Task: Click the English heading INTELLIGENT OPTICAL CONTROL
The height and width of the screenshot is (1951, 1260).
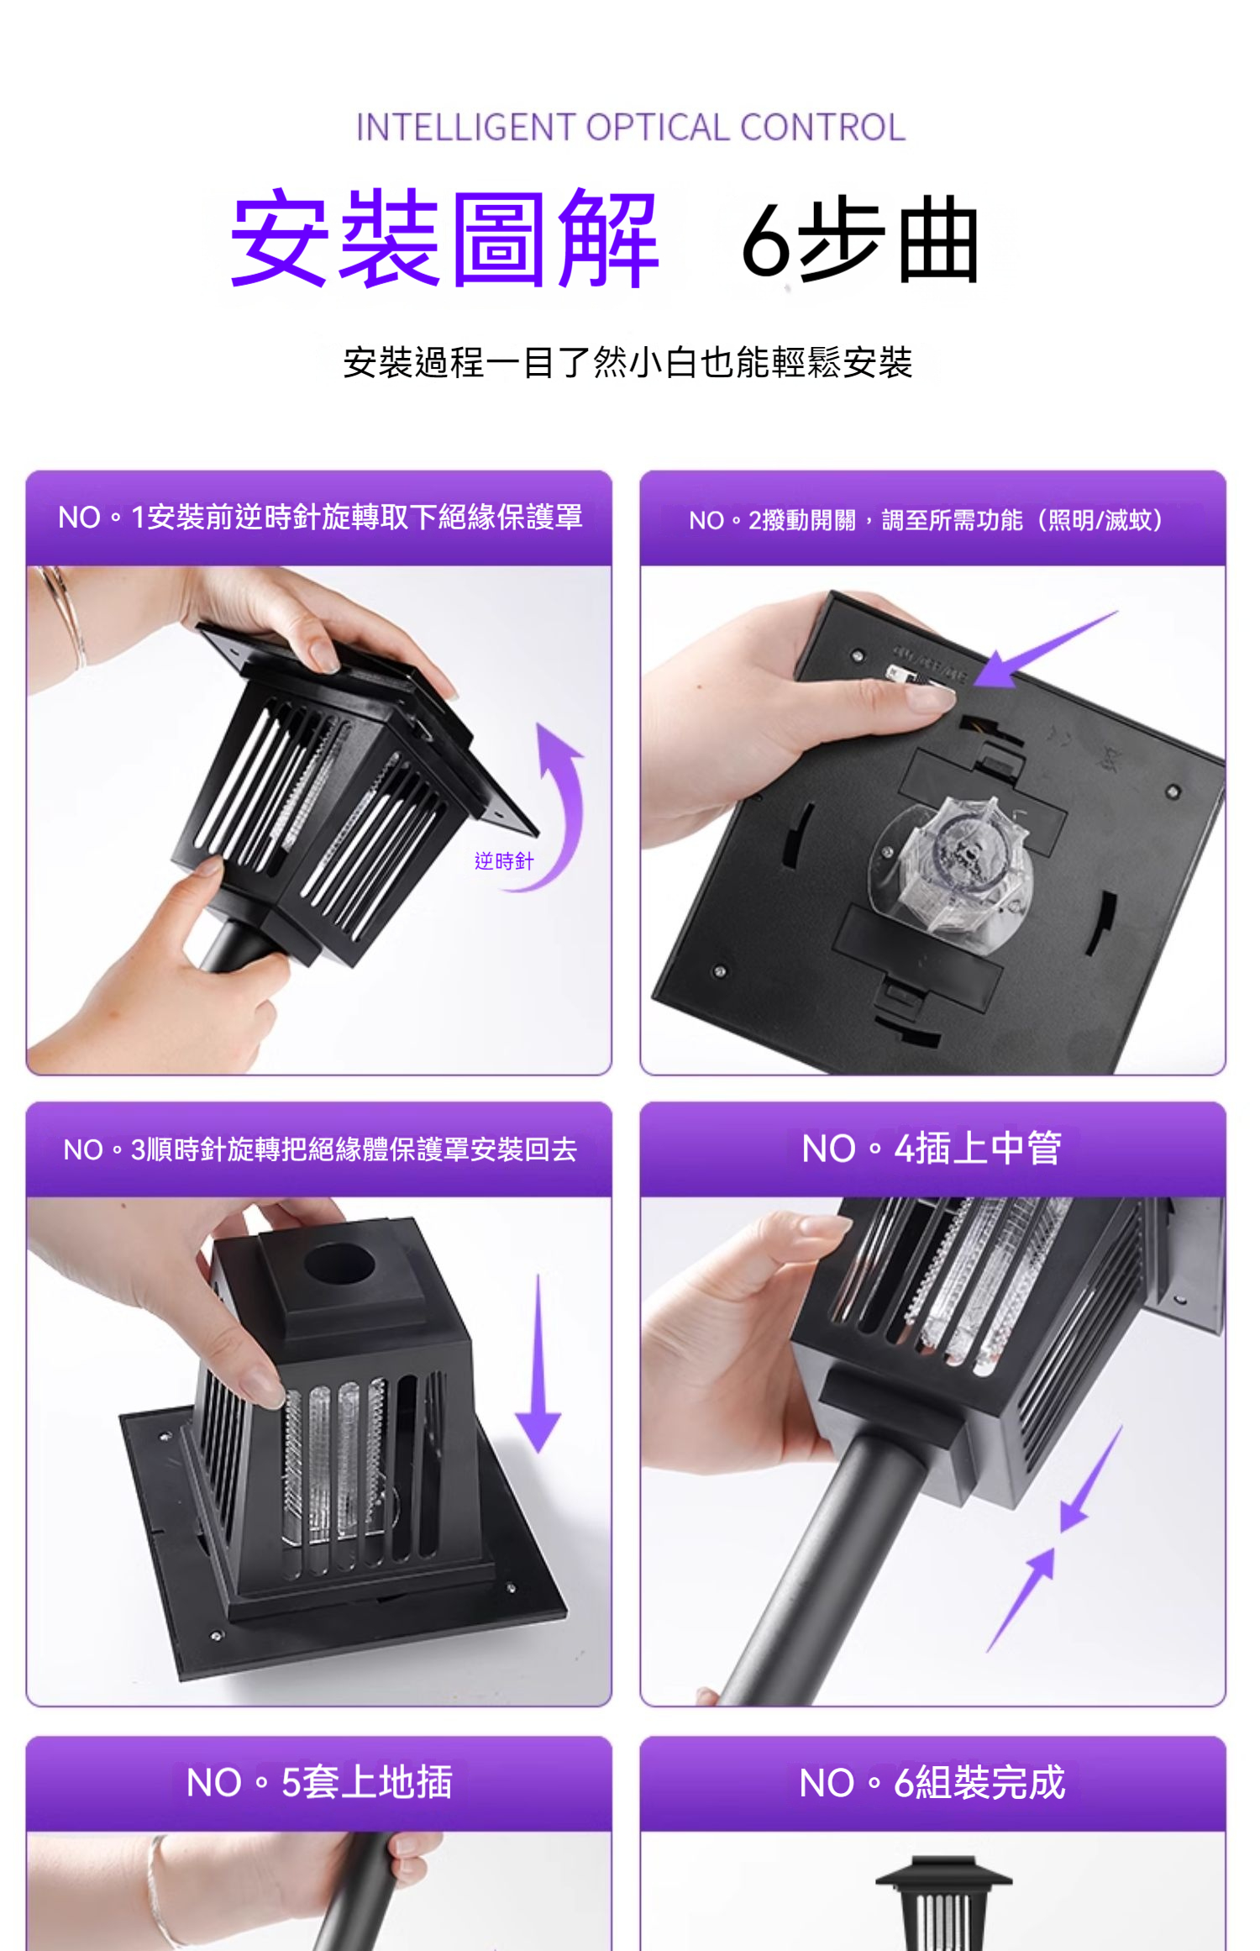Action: click(x=631, y=128)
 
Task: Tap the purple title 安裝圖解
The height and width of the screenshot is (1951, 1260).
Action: click(x=444, y=239)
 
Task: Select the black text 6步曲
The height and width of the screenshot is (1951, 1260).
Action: click(x=860, y=240)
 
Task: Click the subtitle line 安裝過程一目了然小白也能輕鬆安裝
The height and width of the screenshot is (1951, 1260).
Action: click(x=628, y=363)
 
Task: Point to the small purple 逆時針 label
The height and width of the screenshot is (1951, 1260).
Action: click(x=504, y=861)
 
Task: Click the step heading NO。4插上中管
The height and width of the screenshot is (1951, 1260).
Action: click(x=932, y=1149)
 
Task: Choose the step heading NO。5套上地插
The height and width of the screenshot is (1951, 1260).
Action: click(x=319, y=1782)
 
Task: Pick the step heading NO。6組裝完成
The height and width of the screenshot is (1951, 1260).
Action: click(x=932, y=1782)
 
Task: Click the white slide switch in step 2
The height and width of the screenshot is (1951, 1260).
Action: click(x=899, y=671)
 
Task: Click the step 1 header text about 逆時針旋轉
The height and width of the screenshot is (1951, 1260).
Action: click(x=320, y=518)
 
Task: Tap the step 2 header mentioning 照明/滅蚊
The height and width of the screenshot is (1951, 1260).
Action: click(x=927, y=520)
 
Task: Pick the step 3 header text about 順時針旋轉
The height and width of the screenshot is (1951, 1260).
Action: click(x=320, y=1149)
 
